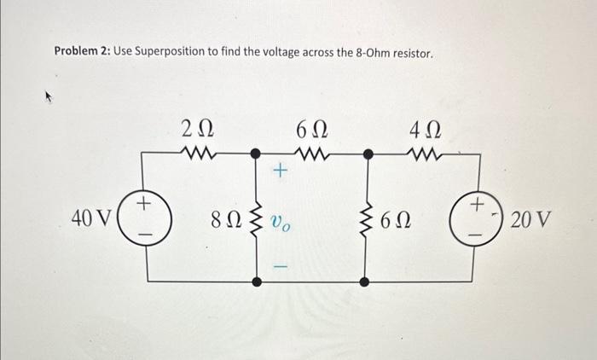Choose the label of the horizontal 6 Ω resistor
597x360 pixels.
click(x=311, y=131)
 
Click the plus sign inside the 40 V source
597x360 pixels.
click(x=145, y=204)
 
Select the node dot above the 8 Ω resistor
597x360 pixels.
click(x=257, y=154)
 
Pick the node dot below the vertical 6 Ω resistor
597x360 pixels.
click(x=366, y=281)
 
